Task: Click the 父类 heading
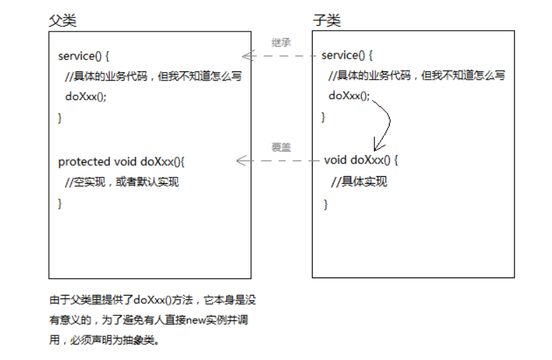click(x=62, y=21)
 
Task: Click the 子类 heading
click(x=326, y=21)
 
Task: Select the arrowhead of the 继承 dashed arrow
click(x=245, y=56)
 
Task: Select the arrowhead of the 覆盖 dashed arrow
click(x=240, y=161)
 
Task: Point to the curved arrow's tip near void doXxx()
click(x=376, y=149)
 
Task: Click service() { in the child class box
click(x=347, y=55)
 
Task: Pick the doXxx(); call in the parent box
click(x=86, y=96)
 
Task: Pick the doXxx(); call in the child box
click(x=349, y=96)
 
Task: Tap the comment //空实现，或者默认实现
click(x=122, y=182)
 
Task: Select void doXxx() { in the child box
click(x=361, y=160)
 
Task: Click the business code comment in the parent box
click(x=153, y=76)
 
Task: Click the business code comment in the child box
click(x=416, y=75)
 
